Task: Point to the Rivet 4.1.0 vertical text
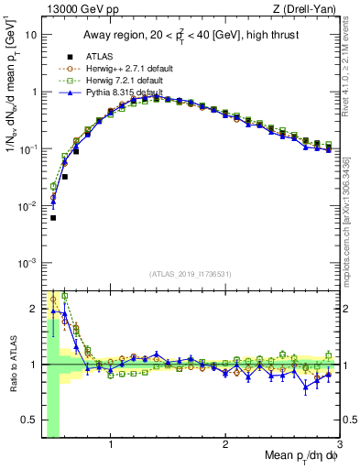click(351, 69)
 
